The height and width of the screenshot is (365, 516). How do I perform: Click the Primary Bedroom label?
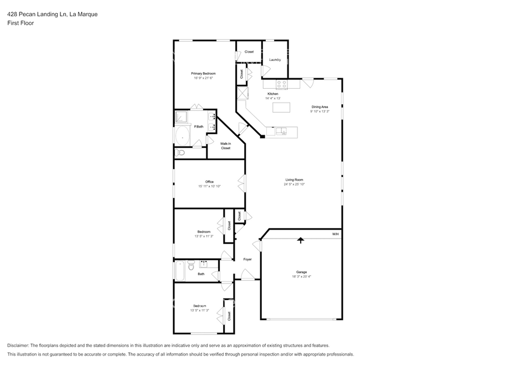pos(204,73)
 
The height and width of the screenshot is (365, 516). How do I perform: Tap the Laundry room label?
pos(275,59)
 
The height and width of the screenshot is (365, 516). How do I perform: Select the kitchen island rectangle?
pos(281,107)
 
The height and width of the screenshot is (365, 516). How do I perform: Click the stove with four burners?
pos(281,84)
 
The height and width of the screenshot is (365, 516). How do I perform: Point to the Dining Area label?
pos(320,107)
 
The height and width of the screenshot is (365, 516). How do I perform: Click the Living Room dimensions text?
pos(294,184)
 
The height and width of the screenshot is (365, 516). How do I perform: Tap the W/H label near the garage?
pos(335,234)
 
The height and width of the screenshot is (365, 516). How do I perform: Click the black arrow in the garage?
pos(301,240)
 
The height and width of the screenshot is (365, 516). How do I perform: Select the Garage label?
pos(301,272)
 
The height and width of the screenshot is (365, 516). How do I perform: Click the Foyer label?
pos(247,260)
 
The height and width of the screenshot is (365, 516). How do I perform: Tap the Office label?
pos(209,182)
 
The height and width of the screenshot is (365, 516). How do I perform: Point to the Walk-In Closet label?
pos(225,146)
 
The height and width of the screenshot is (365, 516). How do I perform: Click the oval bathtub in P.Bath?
pos(182,136)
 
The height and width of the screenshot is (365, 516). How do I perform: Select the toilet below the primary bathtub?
pos(180,153)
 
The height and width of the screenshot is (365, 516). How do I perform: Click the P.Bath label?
pos(199,126)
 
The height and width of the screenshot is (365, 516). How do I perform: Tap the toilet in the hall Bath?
pos(191,265)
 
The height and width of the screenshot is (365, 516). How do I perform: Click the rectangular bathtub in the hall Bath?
pos(180,271)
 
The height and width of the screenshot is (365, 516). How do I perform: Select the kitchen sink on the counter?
pos(281,131)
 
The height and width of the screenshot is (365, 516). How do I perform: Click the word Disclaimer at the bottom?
pos(18,346)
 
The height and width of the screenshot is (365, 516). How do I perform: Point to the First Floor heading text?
pos(21,23)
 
